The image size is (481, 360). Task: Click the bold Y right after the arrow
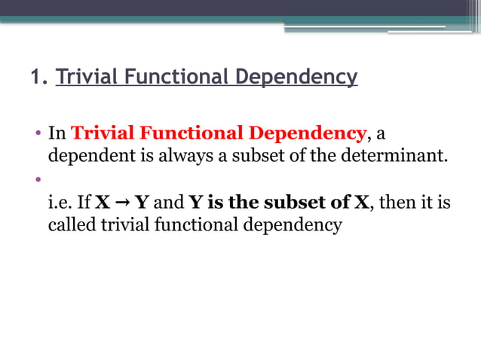point(141,203)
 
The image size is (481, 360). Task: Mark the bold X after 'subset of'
point(362,203)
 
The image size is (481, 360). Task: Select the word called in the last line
point(72,224)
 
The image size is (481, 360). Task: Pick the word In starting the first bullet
point(57,134)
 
